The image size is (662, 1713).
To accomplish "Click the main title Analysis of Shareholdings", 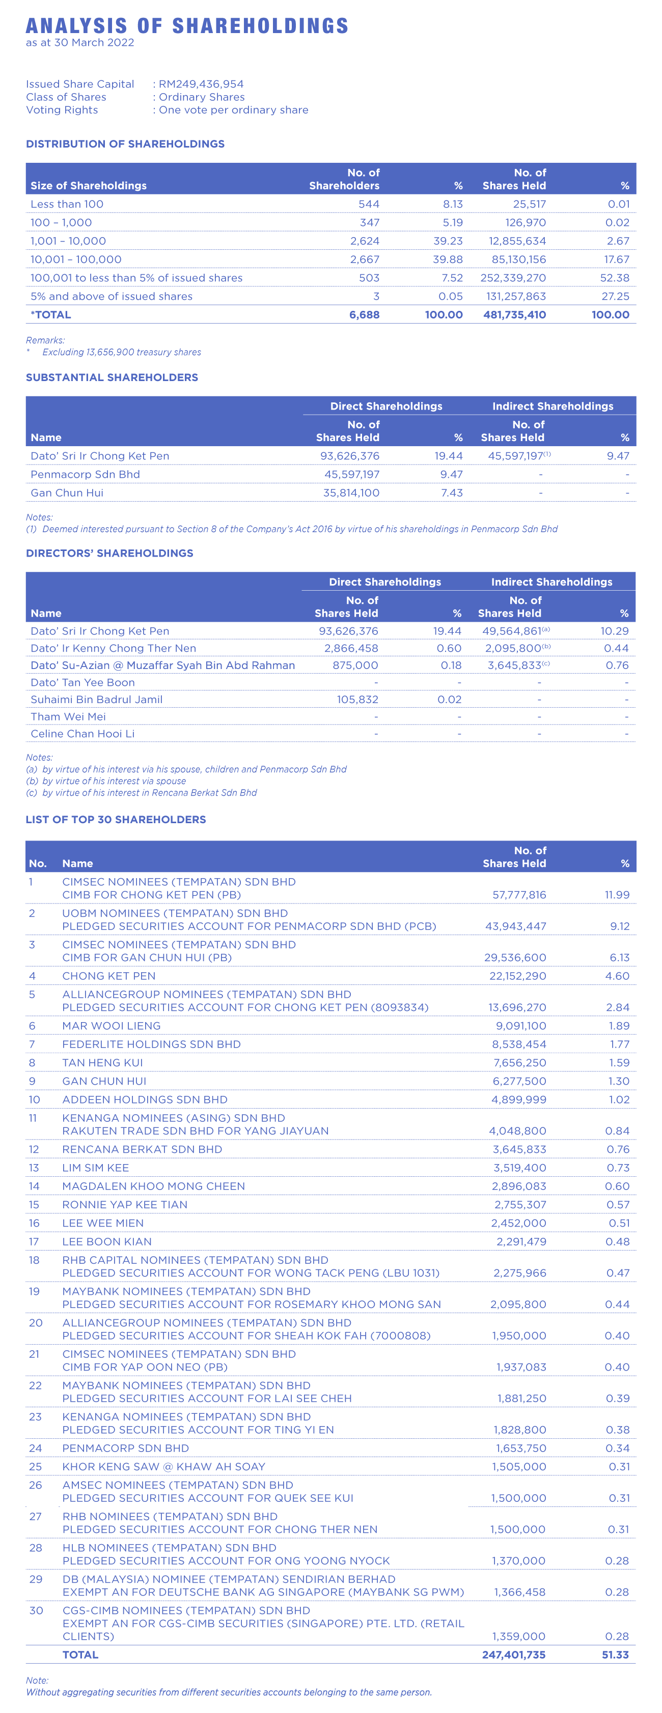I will click(187, 26).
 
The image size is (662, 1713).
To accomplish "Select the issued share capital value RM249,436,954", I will click(201, 84).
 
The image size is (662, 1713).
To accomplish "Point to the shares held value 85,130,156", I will click(517, 260).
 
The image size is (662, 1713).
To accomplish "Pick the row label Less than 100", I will click(67, 204).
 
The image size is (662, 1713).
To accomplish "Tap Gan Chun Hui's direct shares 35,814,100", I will click(351, 493).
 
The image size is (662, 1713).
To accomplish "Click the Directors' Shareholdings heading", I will click(110, 553).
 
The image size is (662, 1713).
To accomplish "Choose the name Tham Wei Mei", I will click(68, 717).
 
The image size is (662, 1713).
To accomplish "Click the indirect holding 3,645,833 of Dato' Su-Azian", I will click(514, 665).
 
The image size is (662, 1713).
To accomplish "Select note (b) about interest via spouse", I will click(106, 781).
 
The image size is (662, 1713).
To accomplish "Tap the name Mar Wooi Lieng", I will click(111, 1026).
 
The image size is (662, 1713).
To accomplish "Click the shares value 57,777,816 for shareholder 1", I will click(519, 895).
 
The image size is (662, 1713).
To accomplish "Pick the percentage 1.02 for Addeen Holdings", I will click(619, 1100).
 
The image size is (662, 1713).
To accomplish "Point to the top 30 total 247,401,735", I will click(514, 1654).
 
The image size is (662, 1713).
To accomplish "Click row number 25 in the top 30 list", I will click(35, 1467).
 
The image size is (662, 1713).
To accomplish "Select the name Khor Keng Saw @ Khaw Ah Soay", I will click(163, 1467).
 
